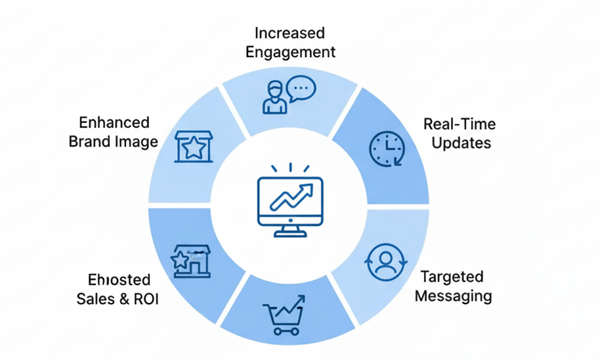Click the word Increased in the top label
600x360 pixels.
point(289,33)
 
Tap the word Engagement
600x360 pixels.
point(290,52)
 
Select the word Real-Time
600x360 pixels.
point(459,124)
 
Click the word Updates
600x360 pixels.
point(461,142)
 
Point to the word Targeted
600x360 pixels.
point(452,277)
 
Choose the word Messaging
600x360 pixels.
point(453,296)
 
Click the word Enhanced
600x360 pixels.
point(114,122)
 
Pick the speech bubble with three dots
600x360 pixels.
point(302,89)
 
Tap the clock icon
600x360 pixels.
point(387,149)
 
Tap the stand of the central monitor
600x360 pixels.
point(289,230)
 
